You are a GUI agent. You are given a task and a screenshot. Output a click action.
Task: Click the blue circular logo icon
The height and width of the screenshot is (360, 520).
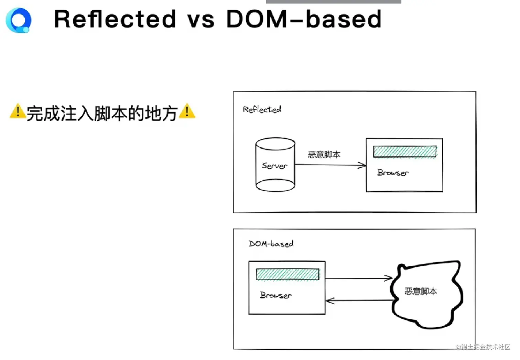click(x=19, y=20)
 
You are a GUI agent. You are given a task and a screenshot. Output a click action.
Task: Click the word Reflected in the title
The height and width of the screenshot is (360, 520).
click(x=115, y=19)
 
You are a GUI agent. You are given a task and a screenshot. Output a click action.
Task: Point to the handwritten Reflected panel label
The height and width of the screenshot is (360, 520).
click(x=262, y=109)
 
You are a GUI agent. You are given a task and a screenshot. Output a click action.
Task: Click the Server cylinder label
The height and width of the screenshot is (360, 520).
click(x=275, y=166)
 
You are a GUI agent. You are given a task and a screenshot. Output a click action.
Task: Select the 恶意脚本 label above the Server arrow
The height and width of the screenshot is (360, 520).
click(x=324, y=155)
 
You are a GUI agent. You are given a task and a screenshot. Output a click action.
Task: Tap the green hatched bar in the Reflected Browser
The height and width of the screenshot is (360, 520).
click(x=405, y=152)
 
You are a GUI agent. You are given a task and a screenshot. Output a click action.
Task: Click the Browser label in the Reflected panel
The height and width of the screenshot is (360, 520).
click(x=393, y=172)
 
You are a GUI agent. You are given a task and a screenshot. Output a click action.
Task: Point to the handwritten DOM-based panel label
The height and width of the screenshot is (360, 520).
click(x=271, y=244)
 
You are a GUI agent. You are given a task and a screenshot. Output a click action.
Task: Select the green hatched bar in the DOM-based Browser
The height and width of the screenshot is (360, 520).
click(x=288, y=274)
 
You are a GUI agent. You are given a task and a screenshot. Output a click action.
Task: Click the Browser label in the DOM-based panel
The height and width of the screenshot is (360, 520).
click(x=276, y=295)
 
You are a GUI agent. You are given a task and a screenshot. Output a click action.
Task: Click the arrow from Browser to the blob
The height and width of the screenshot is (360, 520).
click(x=359, y=278)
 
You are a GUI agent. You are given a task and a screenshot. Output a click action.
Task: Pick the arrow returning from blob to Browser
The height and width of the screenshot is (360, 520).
click(x=360, y=300)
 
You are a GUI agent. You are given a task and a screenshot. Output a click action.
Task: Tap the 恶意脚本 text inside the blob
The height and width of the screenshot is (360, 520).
click(x=421, y=291)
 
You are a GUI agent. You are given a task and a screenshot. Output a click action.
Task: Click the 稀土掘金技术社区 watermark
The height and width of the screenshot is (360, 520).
click(x=483, y=347)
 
